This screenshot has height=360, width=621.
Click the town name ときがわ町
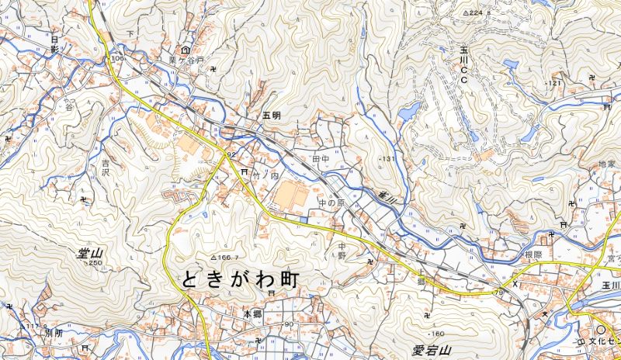[x=241, y=280]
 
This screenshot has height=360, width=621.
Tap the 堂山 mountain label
[x=91, y=253]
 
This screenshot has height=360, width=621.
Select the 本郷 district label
[x=253, y=314]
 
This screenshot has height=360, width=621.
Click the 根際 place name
[x=533, y=254]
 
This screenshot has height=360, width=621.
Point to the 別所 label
[x=53, y=332]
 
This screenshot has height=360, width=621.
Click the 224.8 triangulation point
[x=477, y=13]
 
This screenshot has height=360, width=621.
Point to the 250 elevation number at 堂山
[x=95, y=264]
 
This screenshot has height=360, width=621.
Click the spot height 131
[x=387, y=159]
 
